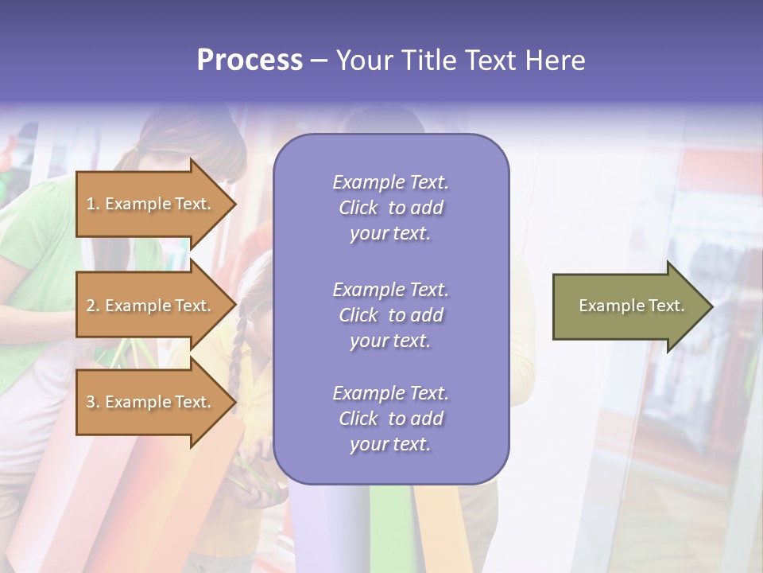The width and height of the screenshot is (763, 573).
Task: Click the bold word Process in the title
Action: (250, 60)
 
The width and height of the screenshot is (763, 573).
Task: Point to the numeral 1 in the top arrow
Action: (91, 204)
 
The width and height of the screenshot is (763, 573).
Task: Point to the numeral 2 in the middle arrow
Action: (91, 306)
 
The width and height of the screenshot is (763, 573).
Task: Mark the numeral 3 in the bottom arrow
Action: (91, 402)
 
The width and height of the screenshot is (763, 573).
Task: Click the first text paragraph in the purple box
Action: (390, 208)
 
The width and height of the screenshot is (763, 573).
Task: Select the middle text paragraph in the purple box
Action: (390, 315)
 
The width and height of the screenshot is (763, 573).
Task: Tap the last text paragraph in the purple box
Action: (390, 419)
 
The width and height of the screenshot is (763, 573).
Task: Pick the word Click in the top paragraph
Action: (358, 208)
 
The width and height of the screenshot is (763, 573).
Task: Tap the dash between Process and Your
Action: (319, 60)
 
